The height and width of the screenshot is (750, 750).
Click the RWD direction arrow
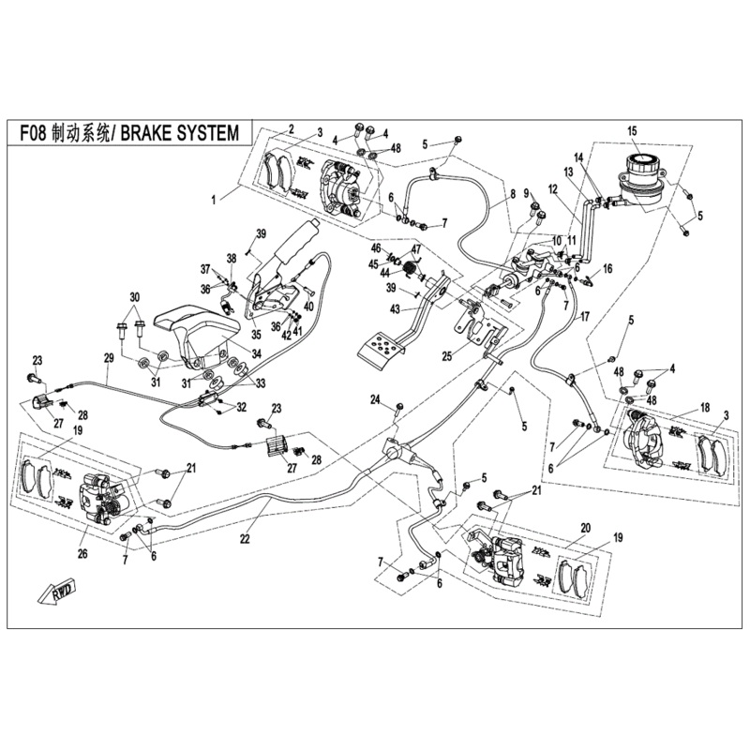click(57, 591)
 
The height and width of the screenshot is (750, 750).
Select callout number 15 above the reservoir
click(632, 130)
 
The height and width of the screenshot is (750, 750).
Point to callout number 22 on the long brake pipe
click(246, 538)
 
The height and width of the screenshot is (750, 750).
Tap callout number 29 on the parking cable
click(108, 358)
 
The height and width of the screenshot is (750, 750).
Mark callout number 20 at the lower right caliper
click(585, 528)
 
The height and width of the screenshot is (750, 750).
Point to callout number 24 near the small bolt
click(374, 399)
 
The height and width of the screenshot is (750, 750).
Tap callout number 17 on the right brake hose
click(584, 317)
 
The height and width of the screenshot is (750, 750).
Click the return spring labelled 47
click(410, 271)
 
